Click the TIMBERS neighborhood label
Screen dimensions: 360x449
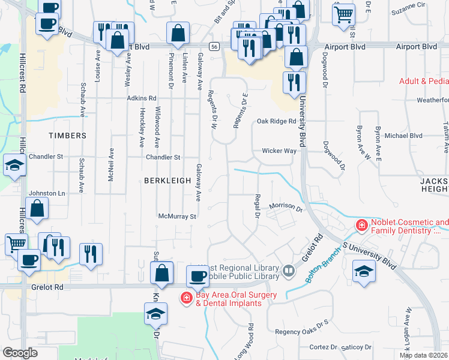68,136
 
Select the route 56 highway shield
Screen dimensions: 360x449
214,46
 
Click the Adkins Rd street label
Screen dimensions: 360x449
141,98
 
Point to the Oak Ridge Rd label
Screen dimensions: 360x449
277,121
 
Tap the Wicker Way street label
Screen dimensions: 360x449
279,151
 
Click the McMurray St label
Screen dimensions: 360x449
177,216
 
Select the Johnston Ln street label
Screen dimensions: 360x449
47,193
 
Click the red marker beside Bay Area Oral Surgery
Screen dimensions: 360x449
187,298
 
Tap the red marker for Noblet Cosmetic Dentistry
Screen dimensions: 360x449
361,226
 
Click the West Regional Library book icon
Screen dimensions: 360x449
289,272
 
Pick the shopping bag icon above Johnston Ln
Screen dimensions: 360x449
37,209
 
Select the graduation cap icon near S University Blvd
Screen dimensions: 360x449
364,271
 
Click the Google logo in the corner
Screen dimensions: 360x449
20,353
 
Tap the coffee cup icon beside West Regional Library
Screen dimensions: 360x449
197,276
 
